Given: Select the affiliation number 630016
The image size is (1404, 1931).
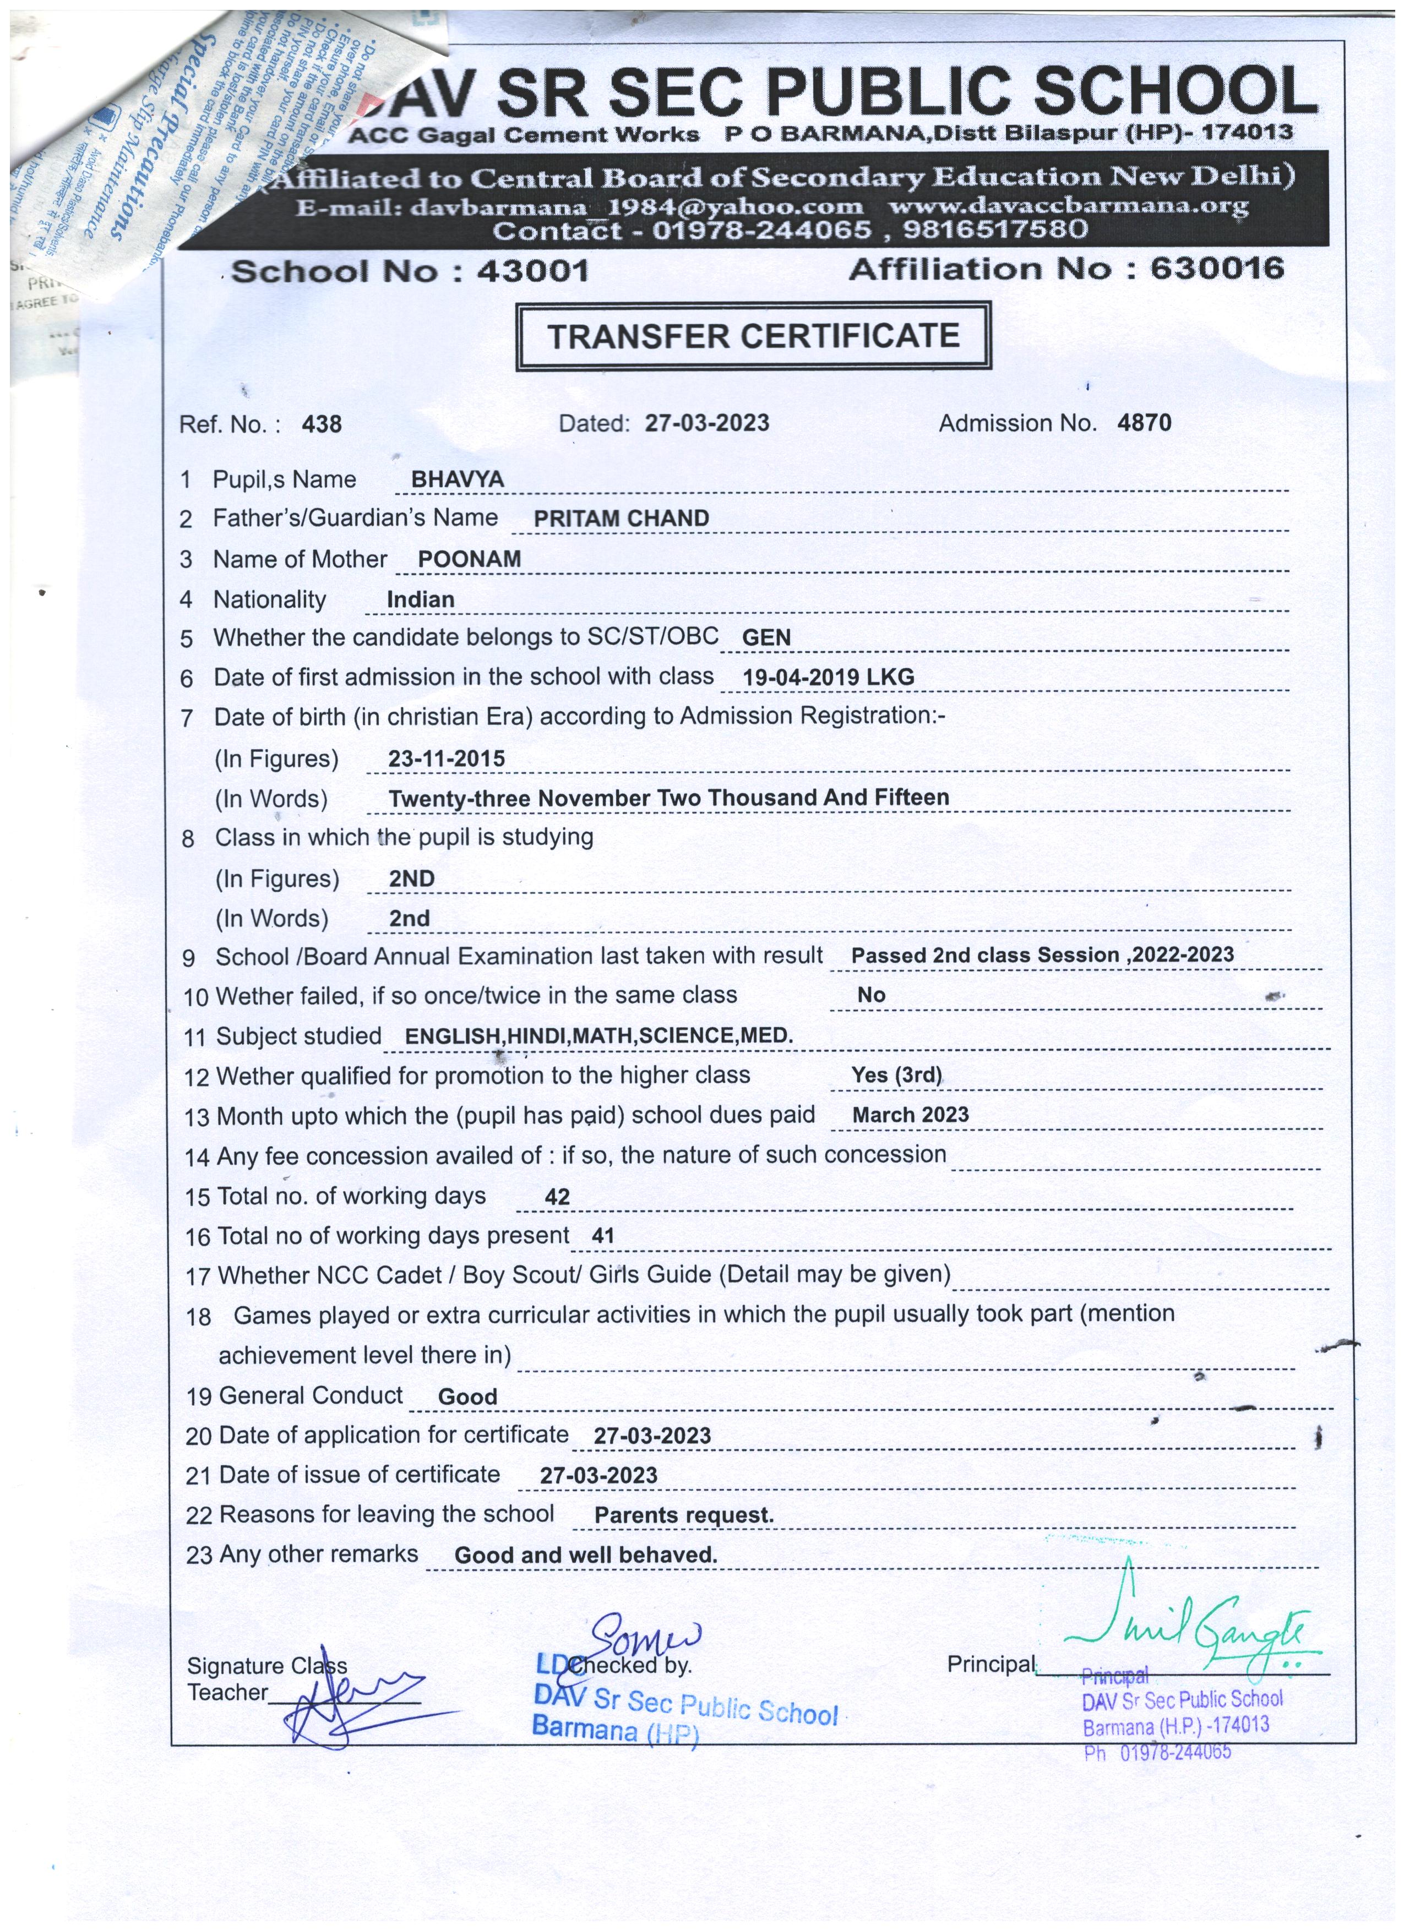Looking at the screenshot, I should (x=1217, y=269).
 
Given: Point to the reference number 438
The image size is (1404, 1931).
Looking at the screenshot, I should (x=322, y=424).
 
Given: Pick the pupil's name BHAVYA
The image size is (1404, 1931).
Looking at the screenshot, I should (x=457, y=479).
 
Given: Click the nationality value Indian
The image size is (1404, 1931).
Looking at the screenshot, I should (x=421, y=599).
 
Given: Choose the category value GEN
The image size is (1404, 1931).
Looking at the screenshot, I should (x=766, y=638).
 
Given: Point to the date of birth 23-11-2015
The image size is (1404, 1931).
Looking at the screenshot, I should (x=446, y=759).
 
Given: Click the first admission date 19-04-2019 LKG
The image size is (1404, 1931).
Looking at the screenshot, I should (x=828, y=678).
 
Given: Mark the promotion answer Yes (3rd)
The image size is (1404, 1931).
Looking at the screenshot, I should (x=896, y=1076).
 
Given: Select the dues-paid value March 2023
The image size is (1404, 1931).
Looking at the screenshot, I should (x=910, y=1115).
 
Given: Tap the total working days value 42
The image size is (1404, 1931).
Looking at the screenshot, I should (x=557, y=1197).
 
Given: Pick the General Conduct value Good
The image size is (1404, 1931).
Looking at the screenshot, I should (x=467, y=1397).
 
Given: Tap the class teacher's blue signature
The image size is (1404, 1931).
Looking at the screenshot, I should (x=349, y=1703).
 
